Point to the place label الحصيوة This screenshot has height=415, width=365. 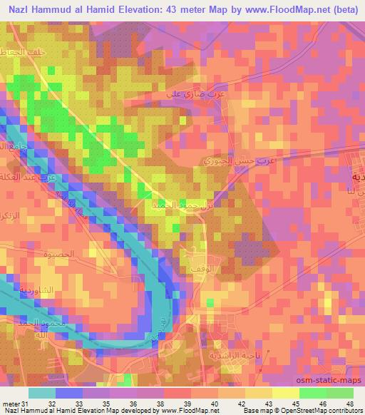56,253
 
